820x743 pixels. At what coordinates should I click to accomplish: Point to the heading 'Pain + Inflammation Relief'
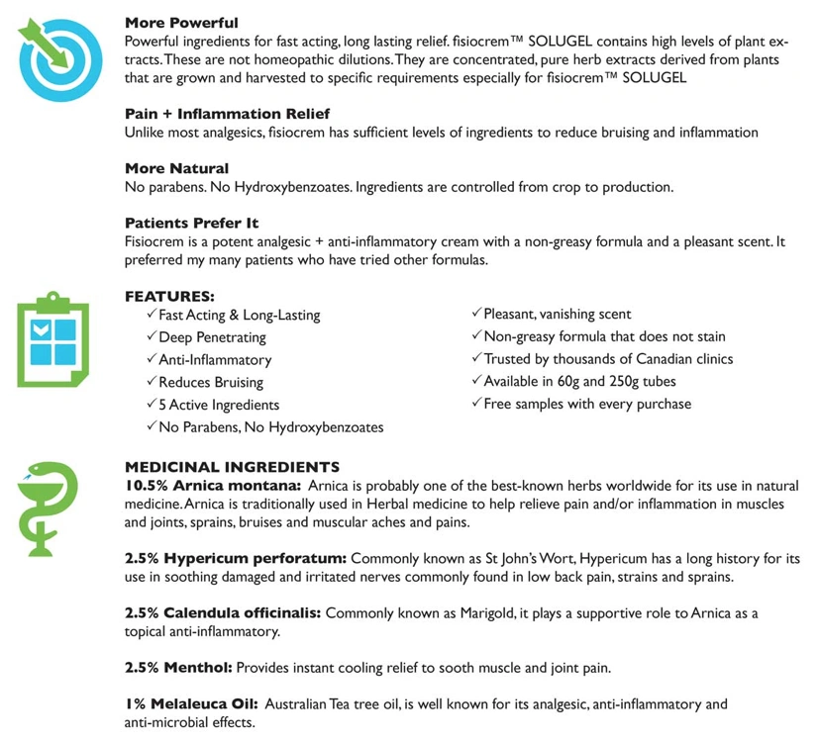coord(227,114)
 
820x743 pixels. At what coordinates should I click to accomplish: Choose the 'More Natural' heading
coord(176,168)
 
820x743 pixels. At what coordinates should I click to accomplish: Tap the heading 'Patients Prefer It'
coord(192,223)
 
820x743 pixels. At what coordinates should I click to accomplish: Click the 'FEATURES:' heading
coord(169,296)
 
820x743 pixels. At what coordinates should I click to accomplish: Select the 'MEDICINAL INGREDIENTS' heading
coord(232,467)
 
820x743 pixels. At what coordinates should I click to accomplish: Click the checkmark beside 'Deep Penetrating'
coord(151,336)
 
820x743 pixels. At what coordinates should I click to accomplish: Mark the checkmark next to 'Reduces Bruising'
coord(151,382)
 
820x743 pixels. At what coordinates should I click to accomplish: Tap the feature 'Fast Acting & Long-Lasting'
coord(239,315)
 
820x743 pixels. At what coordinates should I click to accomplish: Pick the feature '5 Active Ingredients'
coord(219,405)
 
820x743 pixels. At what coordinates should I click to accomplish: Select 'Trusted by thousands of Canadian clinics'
coord(608,358)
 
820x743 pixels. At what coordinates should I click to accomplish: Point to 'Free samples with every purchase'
coord(587,404)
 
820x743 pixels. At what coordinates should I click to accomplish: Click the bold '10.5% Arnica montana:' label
coord(213,486)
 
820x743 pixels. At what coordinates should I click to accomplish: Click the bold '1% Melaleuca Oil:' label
coord(187,704)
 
